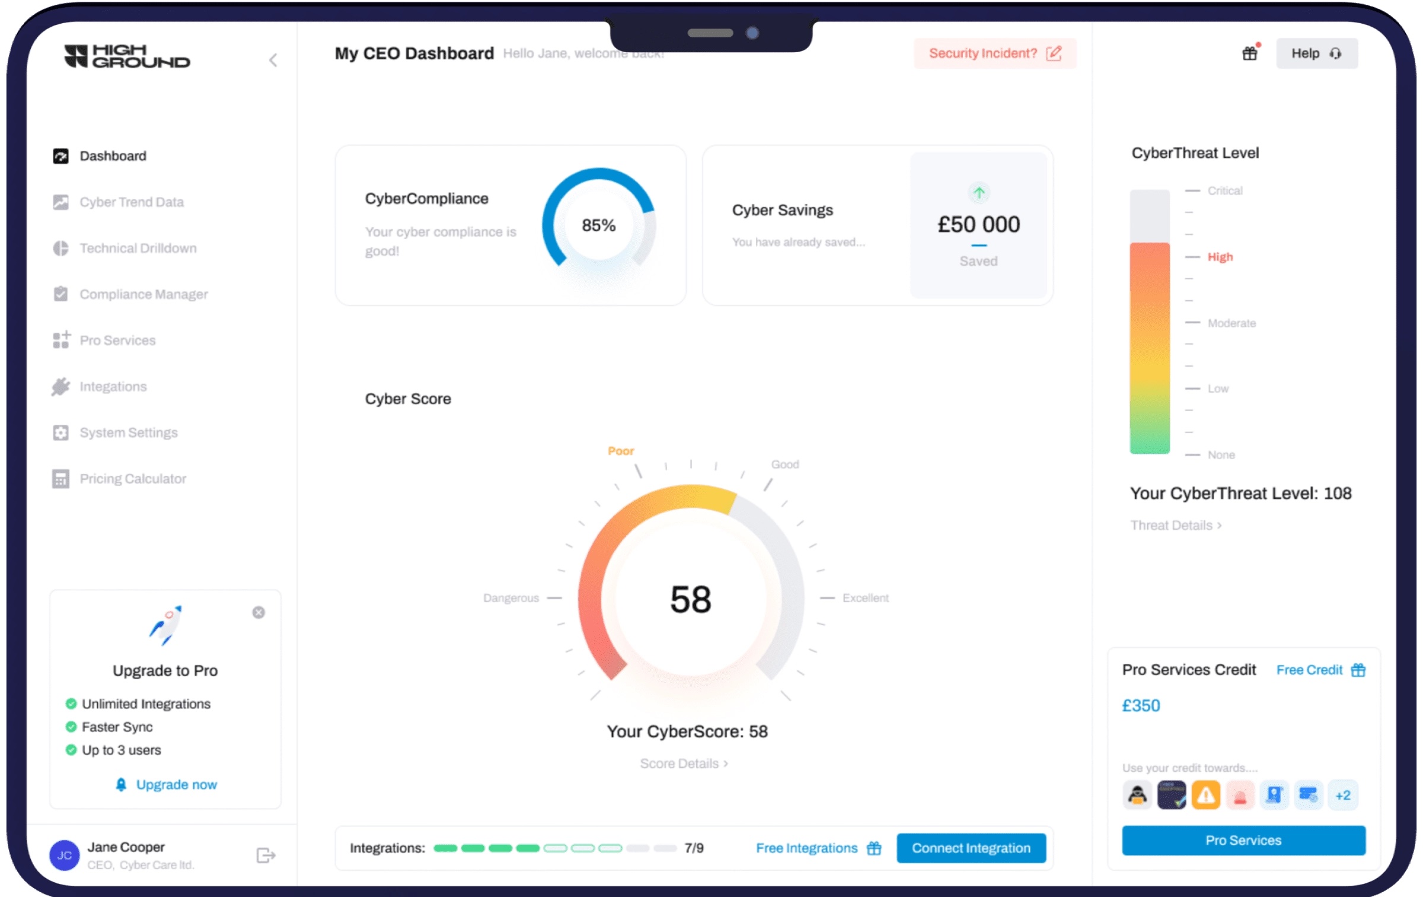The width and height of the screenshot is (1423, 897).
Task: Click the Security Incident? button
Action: pyautogui.click(x=994, y=53)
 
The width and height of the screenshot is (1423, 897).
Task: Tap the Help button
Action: pyautogui.click(x=1316, y=53)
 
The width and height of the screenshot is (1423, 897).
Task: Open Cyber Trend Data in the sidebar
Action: pyautogui.click(x=131, y=202)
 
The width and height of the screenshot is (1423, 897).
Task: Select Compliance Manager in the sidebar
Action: pyautogui.click(x=143, y=294)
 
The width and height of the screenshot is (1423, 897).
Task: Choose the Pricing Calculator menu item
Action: pyautogui.click(x=133, y=479)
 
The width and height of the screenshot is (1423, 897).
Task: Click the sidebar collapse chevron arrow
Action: pyautogui.click(x=273, y=60)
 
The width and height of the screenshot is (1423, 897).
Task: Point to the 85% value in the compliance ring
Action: pyautogui.click(x=598, y=225)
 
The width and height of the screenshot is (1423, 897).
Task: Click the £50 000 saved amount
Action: pyautogui.click(x=978, y=224)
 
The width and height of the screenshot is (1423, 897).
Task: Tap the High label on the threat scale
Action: pyautogui.click(x=1220, y=257)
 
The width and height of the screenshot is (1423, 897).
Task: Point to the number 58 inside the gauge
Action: pyautogui.click(x=690, y=599)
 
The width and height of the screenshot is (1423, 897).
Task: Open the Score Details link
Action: pyautogui.click(x=684, y=764)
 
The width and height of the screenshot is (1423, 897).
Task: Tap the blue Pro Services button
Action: pyautogui.click(x=1243, y=840)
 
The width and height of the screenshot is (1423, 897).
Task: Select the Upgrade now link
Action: pyautogui.click(x=176, y=784)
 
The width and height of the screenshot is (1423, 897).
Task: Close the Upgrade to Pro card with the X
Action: pyautogui.click(x=259, y=612)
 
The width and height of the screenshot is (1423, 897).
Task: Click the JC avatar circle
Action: pyautogui.click(x=65, y=855)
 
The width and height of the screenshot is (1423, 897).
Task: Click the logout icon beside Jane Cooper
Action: pyautogui.click(x=266, y=855)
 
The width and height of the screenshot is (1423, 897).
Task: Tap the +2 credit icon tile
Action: pyautogui.click(x=1342, y=795)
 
